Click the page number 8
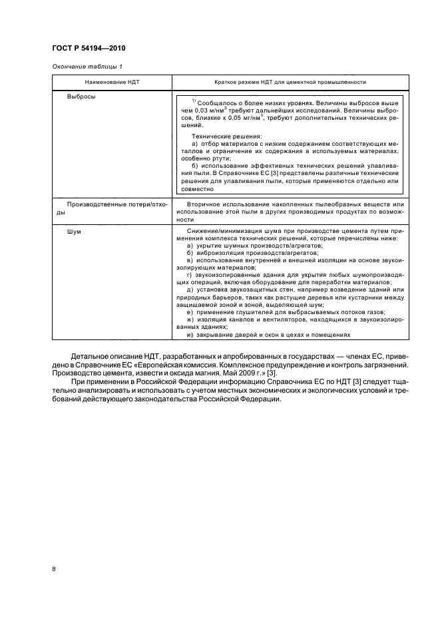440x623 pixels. coord(54,569)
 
